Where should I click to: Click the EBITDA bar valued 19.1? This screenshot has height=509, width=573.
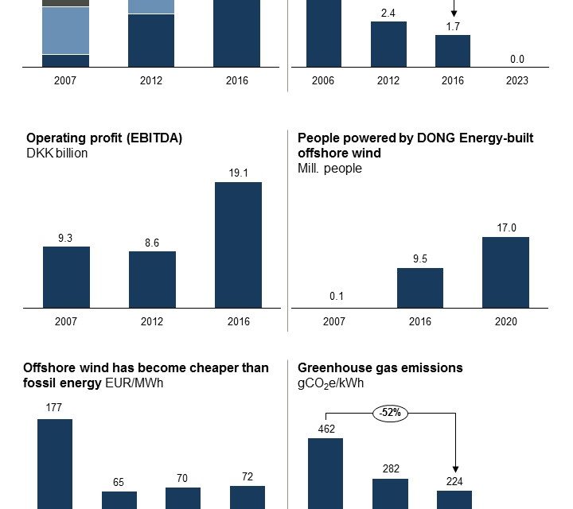(238, 245)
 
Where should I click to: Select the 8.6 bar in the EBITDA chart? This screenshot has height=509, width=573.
(152, 279)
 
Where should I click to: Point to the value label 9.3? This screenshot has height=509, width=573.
(66, 238)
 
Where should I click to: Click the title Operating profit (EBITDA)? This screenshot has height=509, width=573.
(104, 138)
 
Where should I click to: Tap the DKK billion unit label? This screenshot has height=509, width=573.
(57, 153)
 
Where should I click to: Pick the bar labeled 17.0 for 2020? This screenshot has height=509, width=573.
(505, 272)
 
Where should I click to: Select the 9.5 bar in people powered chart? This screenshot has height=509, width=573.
(419, 288)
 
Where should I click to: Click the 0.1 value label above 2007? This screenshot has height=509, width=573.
(337, 297)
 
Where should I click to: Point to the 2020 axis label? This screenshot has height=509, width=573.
(505, 321)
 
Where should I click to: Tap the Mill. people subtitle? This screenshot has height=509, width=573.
(329, 168)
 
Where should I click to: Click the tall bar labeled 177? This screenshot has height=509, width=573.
(55, 464)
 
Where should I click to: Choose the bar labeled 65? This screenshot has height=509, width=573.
(119, 499)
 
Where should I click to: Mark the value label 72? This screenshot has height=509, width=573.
(248, 476)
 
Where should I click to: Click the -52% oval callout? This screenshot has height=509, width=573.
(389, 413)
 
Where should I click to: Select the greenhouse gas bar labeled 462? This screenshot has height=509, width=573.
(325, 473)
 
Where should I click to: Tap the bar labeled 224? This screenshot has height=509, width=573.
(454, 499)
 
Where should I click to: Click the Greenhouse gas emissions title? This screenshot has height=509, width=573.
(380, 367)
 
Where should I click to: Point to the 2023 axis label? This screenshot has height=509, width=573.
(516, 80)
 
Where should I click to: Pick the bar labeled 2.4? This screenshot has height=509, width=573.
(388, 44)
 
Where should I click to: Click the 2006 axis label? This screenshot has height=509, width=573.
(323, 80)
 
